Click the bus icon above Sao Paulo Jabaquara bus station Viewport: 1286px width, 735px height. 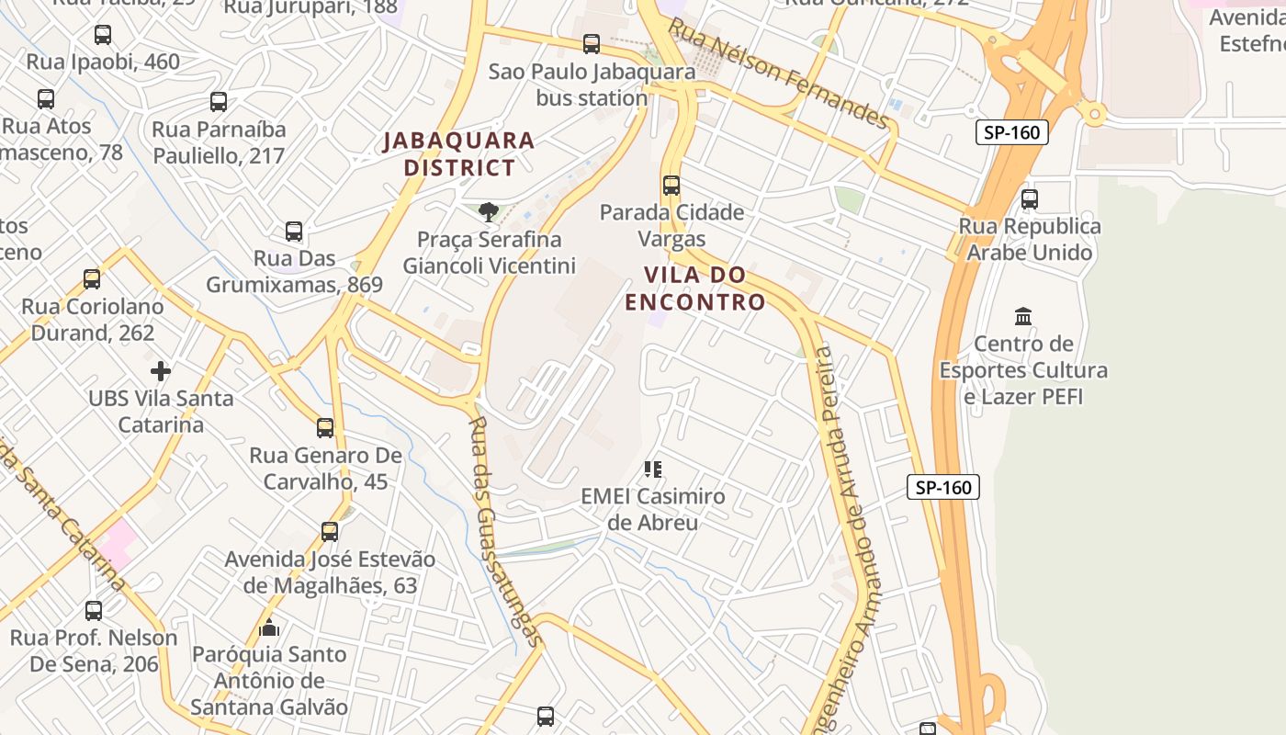592,43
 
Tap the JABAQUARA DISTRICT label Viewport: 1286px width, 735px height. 459,154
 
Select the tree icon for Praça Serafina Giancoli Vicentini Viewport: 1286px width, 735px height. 488,212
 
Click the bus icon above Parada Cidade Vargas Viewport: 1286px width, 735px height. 671,185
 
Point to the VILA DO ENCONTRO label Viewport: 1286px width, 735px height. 695,288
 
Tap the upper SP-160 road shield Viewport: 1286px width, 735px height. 1011,132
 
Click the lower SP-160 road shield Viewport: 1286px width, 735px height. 943,487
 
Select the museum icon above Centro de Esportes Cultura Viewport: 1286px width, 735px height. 1023,317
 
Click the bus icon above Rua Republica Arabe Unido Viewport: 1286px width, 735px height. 1030,198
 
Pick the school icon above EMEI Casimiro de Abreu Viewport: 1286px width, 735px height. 653,469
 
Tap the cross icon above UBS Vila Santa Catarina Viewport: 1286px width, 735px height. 161,371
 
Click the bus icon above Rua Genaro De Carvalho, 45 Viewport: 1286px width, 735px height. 325,427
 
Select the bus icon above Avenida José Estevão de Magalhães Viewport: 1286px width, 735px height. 330,531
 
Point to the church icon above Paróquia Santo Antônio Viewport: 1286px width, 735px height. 269,628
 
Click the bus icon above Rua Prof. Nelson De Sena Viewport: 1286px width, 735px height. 94,610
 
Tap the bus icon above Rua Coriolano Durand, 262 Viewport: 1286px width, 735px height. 92,278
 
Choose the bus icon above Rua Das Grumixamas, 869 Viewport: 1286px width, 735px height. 294,231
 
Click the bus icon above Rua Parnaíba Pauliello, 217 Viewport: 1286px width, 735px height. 219,101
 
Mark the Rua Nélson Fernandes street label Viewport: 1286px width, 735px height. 778,73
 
